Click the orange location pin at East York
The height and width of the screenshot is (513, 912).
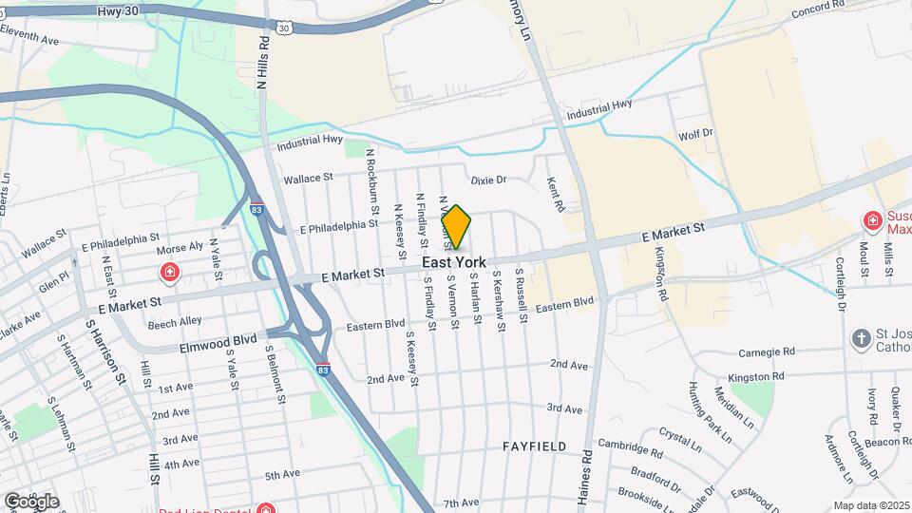457,226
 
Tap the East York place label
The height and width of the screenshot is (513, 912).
454,262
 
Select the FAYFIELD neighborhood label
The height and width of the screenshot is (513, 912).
535,446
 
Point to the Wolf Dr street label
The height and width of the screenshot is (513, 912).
695,135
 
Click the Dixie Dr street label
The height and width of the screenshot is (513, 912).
489,180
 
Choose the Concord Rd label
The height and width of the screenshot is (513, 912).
819,6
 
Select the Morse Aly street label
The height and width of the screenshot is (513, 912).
180,245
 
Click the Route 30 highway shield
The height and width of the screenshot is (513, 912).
285,28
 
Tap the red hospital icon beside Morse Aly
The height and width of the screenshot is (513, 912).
170,274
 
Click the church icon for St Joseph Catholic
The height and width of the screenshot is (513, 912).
861,339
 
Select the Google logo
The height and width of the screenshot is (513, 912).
30,501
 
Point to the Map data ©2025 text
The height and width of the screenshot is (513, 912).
871,505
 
